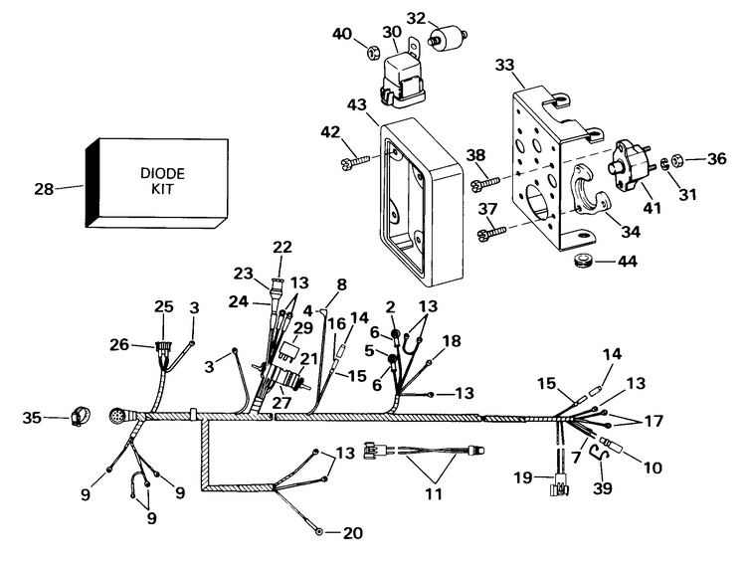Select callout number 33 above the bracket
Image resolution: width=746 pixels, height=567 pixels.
pos(505,65)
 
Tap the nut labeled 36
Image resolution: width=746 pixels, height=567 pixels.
pos(674,158)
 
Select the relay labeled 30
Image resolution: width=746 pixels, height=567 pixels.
pos(402,77)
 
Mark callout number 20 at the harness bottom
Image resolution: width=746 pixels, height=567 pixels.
pos(352,533)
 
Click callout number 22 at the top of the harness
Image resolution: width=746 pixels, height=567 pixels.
pos(282,247)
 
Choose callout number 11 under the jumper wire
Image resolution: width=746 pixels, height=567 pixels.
pos(433,492)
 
